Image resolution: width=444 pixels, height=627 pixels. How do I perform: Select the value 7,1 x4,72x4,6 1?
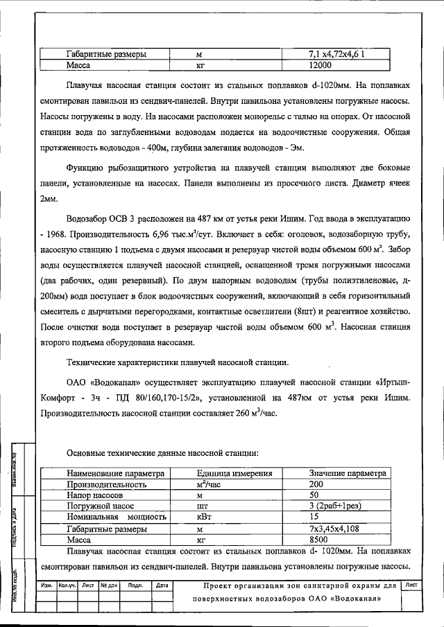point(336,54)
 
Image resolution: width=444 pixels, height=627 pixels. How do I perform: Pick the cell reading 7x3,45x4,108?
point(336,528)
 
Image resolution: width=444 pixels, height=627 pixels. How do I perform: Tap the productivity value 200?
point(316,485)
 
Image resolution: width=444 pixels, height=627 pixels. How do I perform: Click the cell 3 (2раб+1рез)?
point(336,506)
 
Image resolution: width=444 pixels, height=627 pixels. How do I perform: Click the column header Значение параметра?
point(347,474)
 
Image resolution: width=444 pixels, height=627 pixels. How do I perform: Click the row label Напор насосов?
point(95,496)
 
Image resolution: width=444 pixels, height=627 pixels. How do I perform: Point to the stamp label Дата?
point(163,585)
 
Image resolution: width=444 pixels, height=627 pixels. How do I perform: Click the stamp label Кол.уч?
point(67,585)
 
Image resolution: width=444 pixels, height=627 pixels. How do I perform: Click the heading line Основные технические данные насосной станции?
point(163,453)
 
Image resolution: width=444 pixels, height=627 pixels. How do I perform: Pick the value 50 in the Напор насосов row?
point(314,496)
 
